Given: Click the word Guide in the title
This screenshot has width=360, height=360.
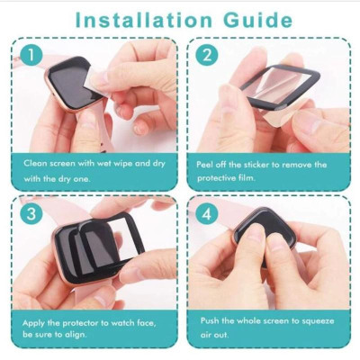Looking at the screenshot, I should (256, 19).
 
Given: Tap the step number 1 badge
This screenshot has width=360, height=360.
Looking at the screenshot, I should (31, 55).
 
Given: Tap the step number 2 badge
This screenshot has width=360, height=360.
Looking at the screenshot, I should (208, 55).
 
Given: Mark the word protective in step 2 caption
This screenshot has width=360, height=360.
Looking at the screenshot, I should (220, 177).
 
